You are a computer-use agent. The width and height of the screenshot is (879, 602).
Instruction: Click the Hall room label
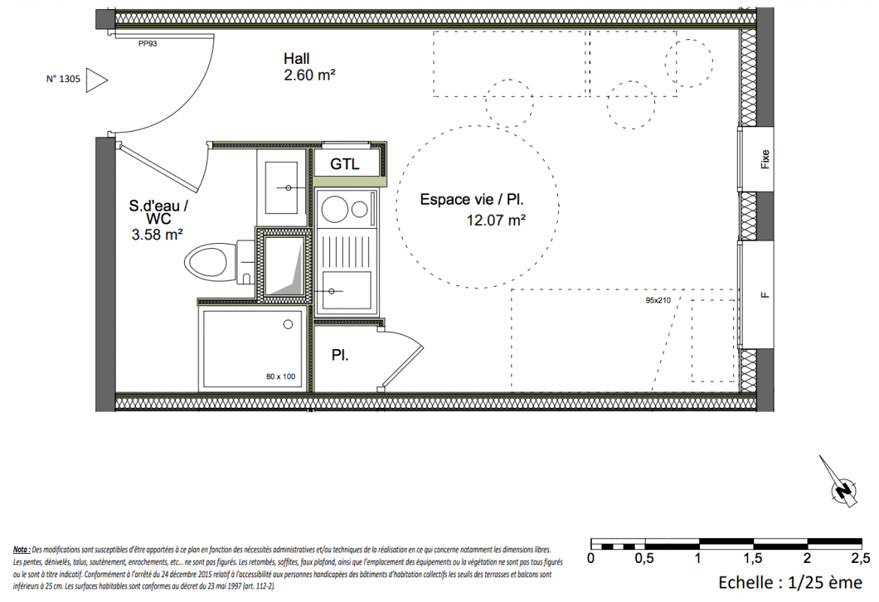click(x=296, y=59)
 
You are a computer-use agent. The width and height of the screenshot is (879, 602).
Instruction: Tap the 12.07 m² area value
click(x=496, y=220)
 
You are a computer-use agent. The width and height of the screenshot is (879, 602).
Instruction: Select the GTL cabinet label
click(x=345, y=164)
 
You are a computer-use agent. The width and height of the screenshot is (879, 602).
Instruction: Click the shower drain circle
click(x=288, y=324)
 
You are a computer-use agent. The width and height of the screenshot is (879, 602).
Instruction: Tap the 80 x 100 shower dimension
click(x=280, y=376)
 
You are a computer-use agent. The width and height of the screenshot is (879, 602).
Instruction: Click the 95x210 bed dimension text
click(x=658, y=300)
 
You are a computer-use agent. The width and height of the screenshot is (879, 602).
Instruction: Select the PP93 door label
click(x=147, y=43)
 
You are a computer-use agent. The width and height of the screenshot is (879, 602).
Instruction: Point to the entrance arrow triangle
click(x=96, y=81)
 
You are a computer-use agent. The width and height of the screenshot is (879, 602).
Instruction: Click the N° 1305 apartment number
click(x=63, y=79)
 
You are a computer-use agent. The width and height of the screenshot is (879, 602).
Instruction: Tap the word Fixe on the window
click(x=765, y=159)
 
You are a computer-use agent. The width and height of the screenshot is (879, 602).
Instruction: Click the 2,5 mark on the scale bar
click(x=860, y=558)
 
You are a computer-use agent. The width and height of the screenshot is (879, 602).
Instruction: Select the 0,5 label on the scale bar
click(x=644, y=558)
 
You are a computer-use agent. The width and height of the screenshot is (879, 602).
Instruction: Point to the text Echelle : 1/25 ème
click(x=790, y=582)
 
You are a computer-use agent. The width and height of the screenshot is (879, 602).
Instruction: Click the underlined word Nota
click(x=21, y=550)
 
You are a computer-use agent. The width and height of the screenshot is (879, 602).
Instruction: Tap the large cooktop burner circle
click(x=335, y=208)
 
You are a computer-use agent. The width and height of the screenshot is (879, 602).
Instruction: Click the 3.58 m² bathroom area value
click(x=157, y=235)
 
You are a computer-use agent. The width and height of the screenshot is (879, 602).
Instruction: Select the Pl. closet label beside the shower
click(x=340, y=355)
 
